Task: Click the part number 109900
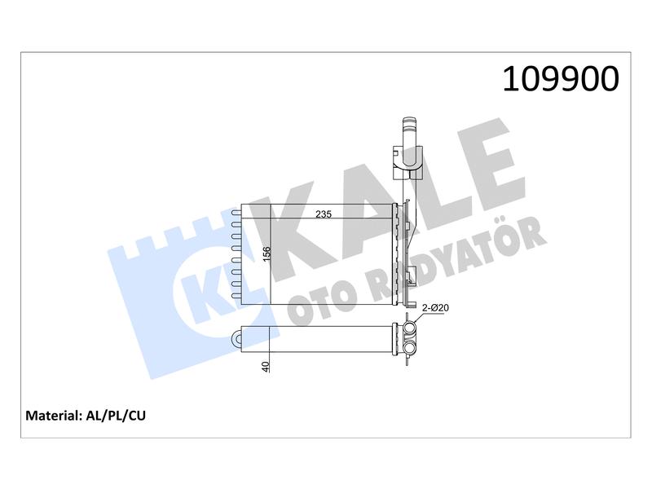(561, 79)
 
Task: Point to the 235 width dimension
(324, 214)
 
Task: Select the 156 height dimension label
(267, 254)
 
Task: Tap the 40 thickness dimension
(266, 366)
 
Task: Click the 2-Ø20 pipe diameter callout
(436, 308)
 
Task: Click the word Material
(53, 416)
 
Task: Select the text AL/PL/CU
(116, 416)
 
